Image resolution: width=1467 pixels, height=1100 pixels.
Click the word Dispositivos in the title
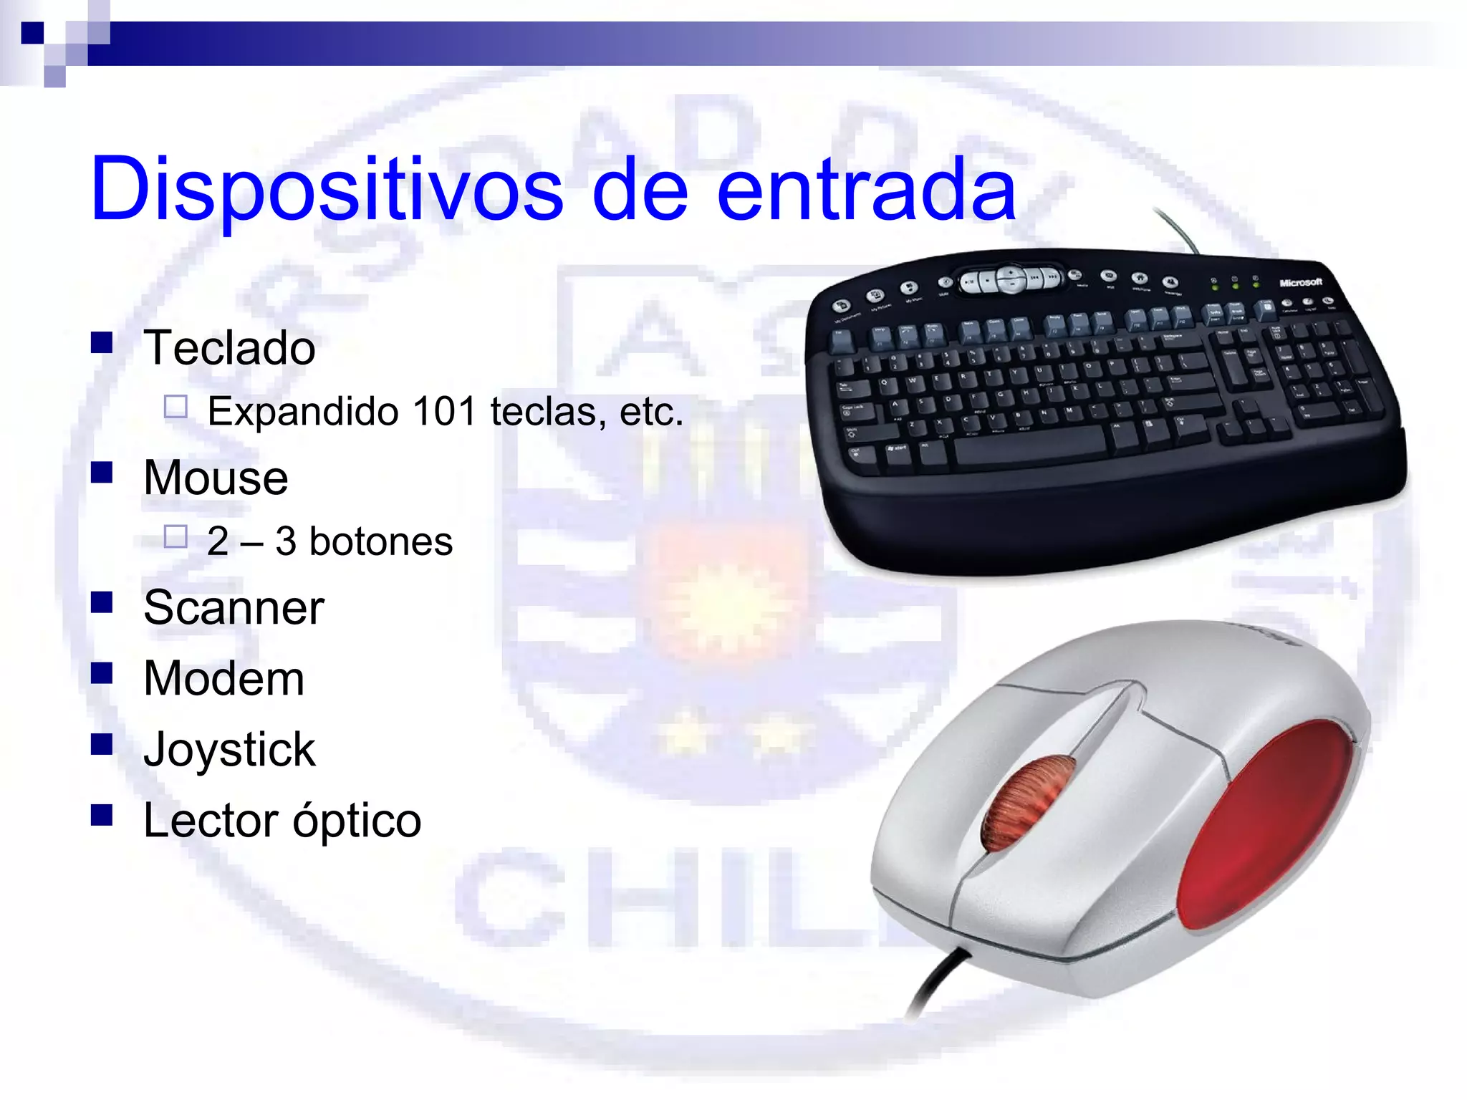[x=327, y=190]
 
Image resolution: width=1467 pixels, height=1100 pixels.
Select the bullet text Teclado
[x=229, y=349]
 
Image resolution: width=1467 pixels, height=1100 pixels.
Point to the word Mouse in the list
[x=216, y=478]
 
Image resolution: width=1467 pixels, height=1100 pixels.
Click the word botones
[x=380, y=541]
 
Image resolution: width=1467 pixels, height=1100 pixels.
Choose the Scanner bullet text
[x=234, y=608]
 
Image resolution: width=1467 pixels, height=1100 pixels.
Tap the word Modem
[x=223, y=678]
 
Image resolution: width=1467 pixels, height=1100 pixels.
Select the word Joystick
[x=229, y=750]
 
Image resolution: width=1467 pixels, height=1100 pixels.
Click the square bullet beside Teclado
[x=102, y=343]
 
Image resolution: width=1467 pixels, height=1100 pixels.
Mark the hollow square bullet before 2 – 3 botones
[x=175, y=536]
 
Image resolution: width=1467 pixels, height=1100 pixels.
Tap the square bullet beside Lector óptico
[x=102, y=815]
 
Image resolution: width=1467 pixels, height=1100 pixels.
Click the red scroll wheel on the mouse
[x=1028, y=802]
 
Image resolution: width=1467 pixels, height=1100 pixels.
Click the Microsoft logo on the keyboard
[x=1300, y=283]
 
